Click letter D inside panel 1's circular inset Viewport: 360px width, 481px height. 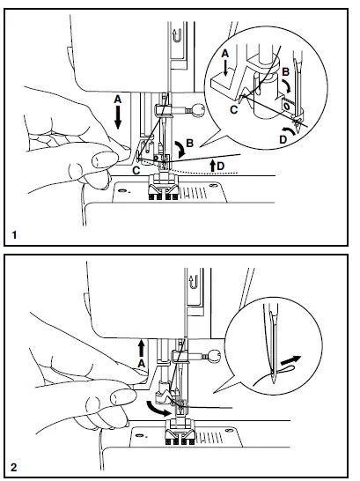pyautogui.click(x=283, y=137)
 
